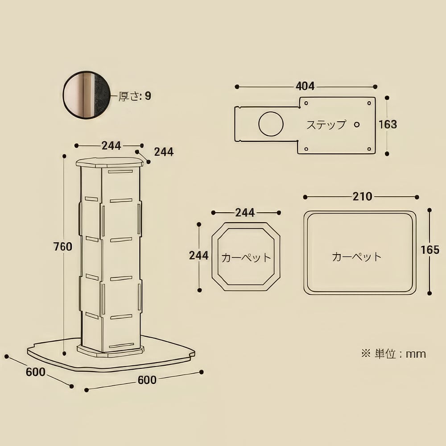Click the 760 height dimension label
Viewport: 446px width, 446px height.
click(63, 247)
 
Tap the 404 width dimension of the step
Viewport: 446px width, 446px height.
click(305, 86)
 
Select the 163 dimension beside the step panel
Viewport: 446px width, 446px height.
click(388, 124)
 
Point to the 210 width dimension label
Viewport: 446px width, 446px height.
click(362, 197)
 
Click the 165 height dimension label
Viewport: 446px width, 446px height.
click(430, 250)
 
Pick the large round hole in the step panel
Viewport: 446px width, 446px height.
click(271, 124)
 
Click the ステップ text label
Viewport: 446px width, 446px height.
click(326, 124)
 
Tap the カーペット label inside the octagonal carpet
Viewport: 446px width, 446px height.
click(246, 258)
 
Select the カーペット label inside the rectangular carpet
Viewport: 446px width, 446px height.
click(357, 256)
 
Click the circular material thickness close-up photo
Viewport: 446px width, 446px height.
click(86, 95)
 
